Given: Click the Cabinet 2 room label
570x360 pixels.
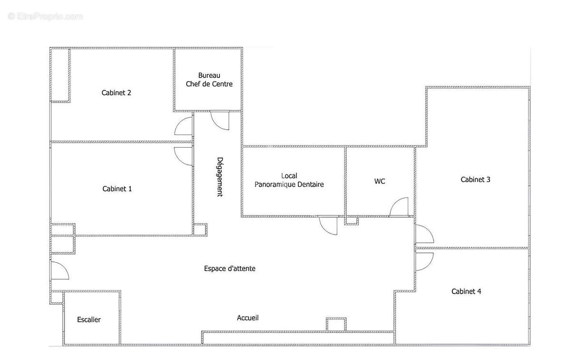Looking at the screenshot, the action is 116,93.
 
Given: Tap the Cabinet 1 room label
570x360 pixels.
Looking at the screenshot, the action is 117,189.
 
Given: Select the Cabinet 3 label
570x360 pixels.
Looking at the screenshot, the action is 475,180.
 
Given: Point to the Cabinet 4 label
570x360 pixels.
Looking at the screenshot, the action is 466,292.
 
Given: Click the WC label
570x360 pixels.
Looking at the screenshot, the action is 380,181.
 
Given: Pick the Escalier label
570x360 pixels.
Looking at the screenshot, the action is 89,320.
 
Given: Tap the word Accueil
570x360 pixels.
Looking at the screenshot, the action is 247,318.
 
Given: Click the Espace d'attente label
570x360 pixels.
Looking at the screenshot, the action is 230,269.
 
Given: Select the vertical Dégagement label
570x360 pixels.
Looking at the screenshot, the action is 219,177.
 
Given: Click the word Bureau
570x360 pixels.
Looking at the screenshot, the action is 209,76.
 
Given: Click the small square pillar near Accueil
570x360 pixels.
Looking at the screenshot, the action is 336,325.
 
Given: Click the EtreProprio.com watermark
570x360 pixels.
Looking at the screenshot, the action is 45,17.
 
